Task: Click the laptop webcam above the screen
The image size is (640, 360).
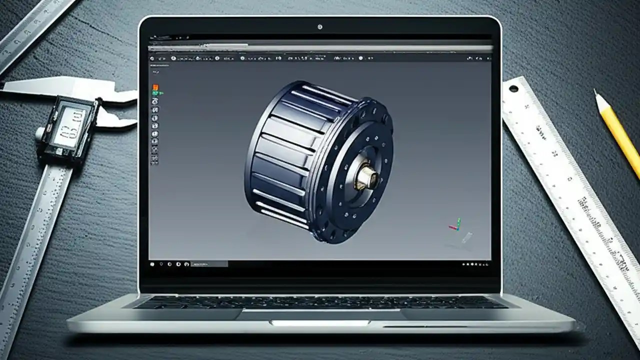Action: [320, 26]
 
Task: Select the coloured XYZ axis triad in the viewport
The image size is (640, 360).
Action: [455, 225]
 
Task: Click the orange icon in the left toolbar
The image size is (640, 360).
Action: [155, 87]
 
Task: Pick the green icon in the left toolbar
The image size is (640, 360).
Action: [155, 93]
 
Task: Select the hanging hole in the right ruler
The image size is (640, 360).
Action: [513, 89]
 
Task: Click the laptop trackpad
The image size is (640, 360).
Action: [320, 314]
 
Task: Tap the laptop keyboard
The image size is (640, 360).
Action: [320, 301]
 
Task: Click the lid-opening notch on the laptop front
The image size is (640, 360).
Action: [320, 323]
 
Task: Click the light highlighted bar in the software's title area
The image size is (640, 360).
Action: [320, 48]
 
